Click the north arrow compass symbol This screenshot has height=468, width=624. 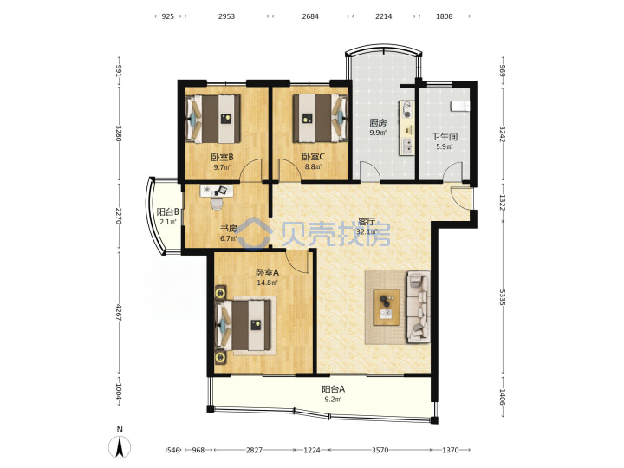coord(120,446)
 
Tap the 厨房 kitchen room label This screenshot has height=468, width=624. coord(378,123)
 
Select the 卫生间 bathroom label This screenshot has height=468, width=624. coord(445,137)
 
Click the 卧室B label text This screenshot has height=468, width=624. coord(222,157)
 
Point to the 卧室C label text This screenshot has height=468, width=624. coord(313,157)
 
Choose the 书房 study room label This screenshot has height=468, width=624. coord(229,229)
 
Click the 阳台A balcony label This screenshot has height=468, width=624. coord(333,389)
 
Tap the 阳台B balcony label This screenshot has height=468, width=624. coord(167,212)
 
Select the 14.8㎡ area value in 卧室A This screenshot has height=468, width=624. coord(267,283)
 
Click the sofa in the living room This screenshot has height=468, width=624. coord(418,307)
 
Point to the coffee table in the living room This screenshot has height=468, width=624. coord(387,308)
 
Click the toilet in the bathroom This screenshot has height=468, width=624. coord(460,106)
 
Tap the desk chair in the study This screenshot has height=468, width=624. coord(217,204)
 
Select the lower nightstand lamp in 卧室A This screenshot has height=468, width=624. coord(220,357)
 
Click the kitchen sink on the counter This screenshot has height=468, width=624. coord(407,146)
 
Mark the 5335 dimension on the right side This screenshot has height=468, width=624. coord(503,297)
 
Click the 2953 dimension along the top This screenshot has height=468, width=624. coord(226,16)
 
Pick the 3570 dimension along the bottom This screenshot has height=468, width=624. coord(380,450)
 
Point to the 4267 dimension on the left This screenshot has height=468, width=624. coord(118,313)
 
